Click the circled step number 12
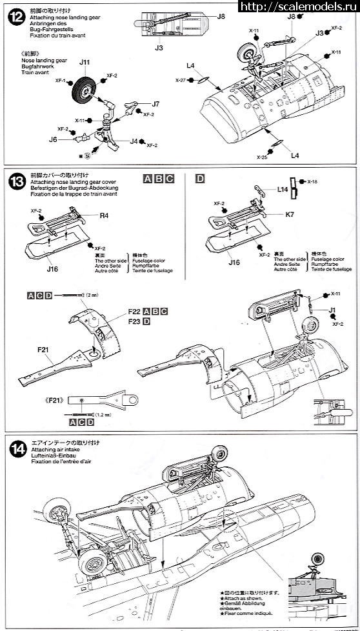(14, 14)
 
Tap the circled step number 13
(14, 182)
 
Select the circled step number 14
(14, 447)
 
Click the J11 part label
(85, 63)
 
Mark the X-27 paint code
(180, 80)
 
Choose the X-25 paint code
(261, 157)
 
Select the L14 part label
(282, 189)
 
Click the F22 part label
(135, 311)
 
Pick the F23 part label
(135, 321)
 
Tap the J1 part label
(333, 310)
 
